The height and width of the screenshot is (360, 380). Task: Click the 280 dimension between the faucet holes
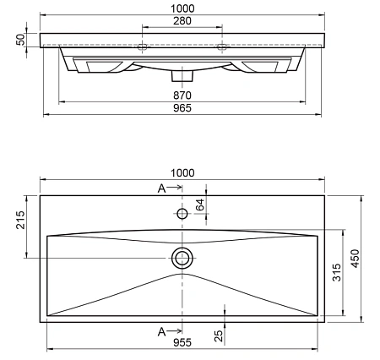click(182, 19)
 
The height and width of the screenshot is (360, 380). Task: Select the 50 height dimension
click(19, 40)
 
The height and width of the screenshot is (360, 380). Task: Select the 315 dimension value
click(335, 273)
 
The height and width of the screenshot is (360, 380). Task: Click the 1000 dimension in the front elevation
click(182, 7)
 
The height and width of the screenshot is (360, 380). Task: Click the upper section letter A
click(161, 188)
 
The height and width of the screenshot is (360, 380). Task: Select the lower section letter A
click(161, 330)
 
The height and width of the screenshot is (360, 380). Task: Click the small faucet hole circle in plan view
click(182, 214)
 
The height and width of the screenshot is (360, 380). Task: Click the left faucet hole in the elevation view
click(143, 47)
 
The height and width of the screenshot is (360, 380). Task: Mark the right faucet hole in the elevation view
click(221, 47)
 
